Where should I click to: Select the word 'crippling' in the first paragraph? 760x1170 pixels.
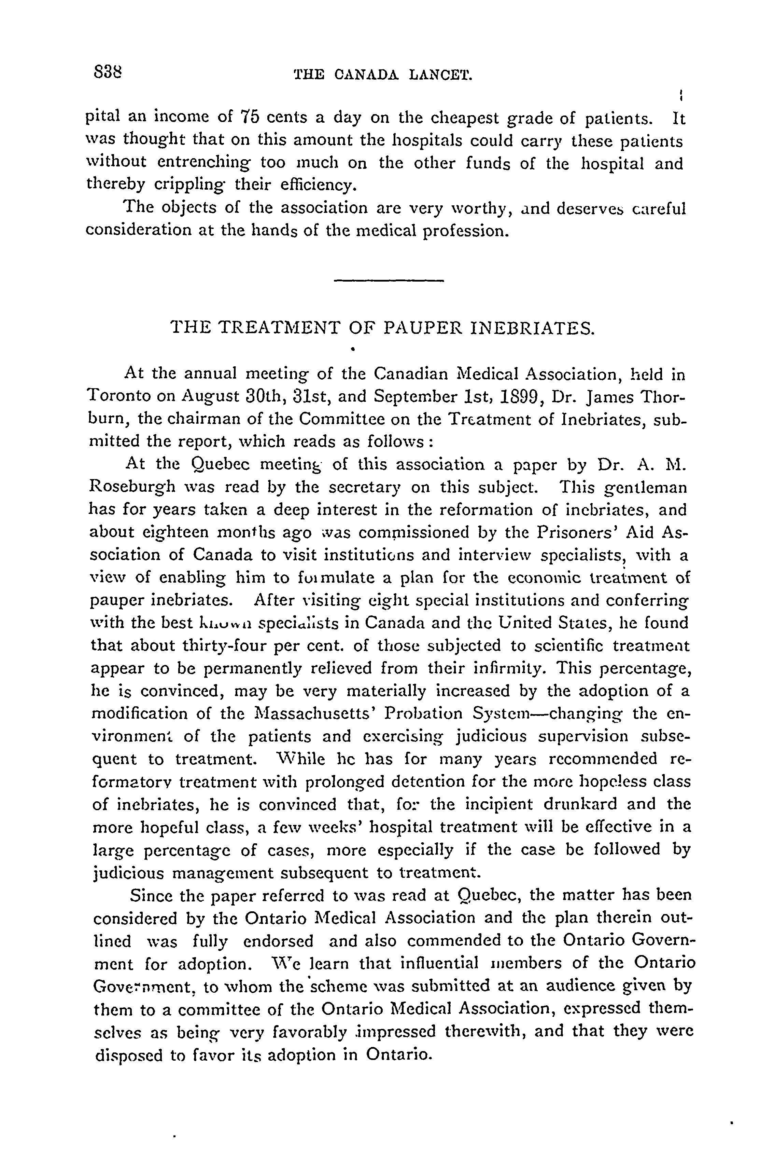coord(192,185)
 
